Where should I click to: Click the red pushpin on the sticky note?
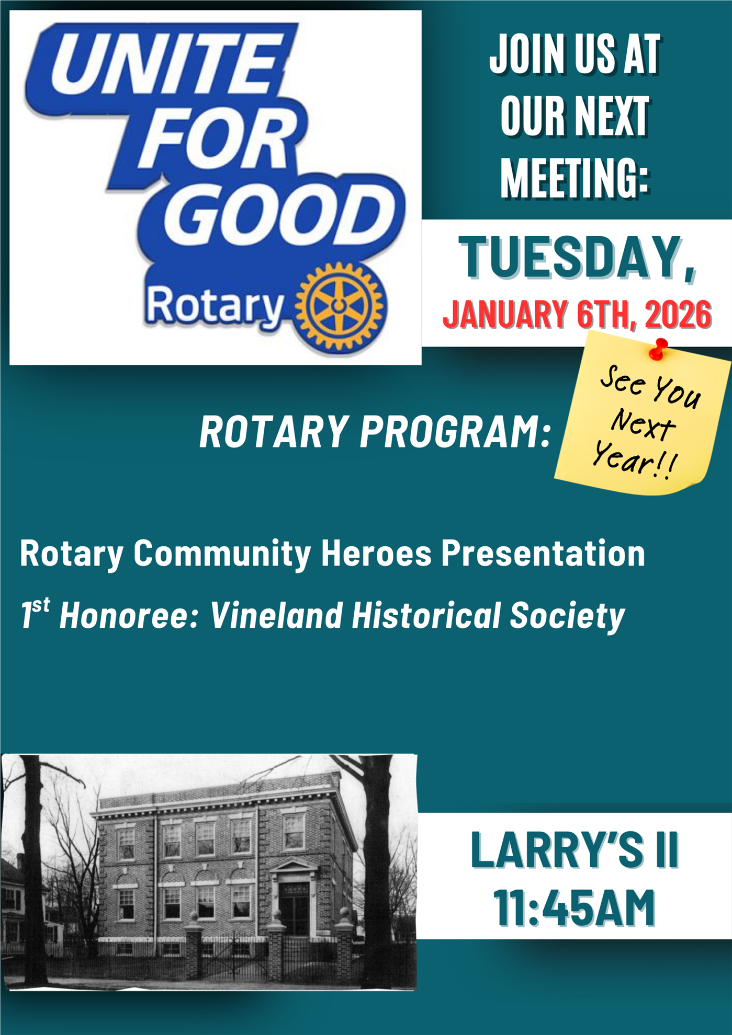click(659, 349)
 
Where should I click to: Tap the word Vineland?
click(277, 615)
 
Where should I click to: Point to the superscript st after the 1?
click(41, 606)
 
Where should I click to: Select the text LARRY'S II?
click(574, 850)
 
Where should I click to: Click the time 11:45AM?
click(575, 908)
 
